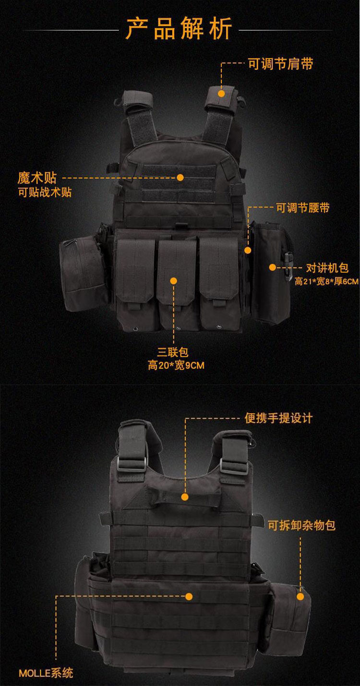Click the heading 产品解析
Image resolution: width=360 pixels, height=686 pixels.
(x=179, y=29)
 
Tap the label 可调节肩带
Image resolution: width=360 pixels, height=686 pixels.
(x=280, y=64)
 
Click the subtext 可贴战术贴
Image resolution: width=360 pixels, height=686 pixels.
(x=45, y=193)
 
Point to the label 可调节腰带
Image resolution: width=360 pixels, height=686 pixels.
(x=302, y=208)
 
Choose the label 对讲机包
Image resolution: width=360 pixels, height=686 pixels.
(x=327, y=268)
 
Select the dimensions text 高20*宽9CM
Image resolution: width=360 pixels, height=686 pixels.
(x=176, y=366)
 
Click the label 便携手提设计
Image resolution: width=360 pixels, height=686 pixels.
(x=278, y=418)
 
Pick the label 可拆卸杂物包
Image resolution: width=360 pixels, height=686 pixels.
(x=301, y=525)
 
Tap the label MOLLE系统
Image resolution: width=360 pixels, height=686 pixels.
(x=46, y=673)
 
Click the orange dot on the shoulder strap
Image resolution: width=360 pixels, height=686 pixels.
(x=221, y=94)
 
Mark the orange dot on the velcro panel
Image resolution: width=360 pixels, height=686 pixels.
(x=180, y=177)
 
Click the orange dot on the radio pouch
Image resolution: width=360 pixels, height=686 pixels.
(x=272, y=267)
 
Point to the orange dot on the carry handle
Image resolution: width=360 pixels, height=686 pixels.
(x=185, y=497)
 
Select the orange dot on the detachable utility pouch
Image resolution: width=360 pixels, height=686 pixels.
(x=300, y=597)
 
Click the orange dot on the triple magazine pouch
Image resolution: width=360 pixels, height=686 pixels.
(x=173, y=281)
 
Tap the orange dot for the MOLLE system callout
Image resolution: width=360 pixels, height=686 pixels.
(x=189, y=597)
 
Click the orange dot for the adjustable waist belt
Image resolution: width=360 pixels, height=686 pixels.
(x=248, y=250)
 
